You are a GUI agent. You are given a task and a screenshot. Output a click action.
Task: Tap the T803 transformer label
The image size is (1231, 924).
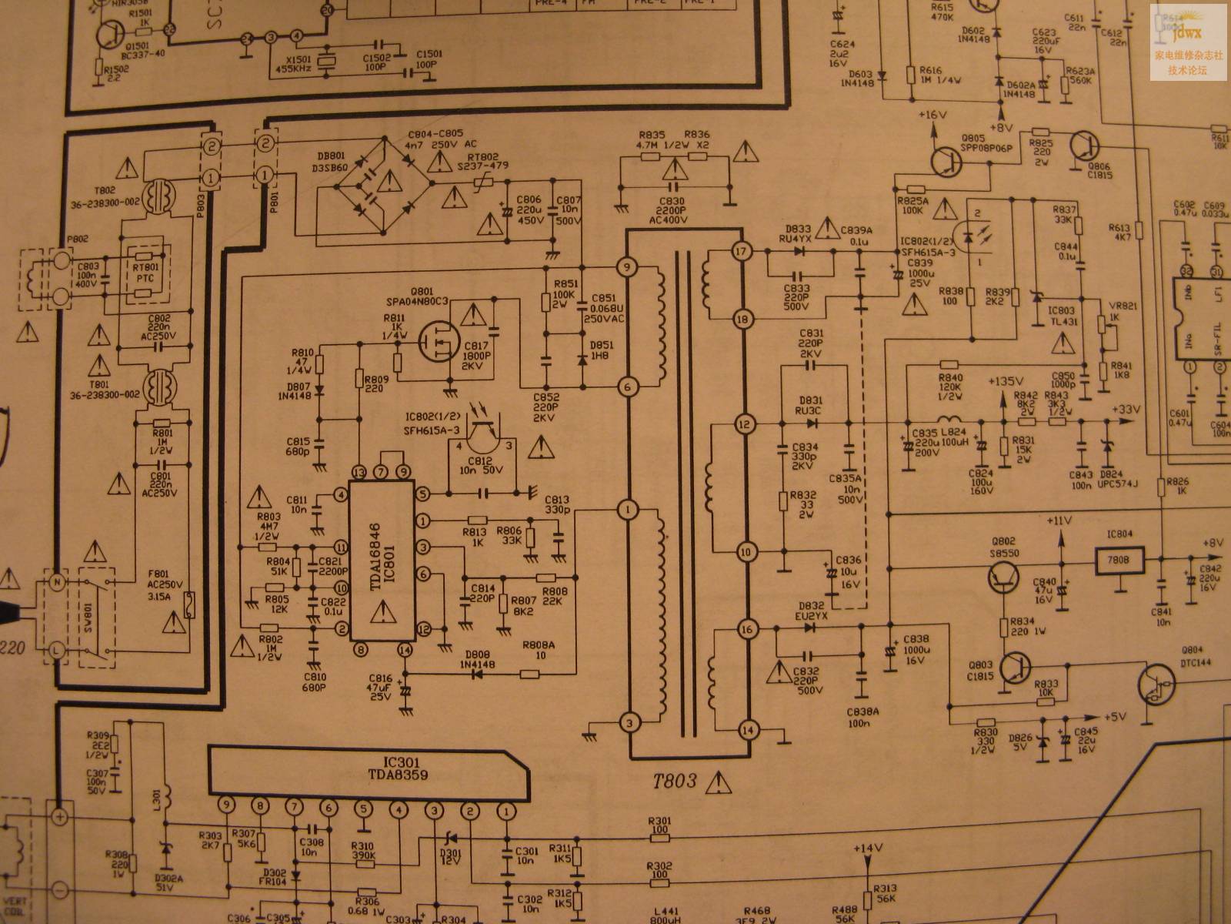(675, 782)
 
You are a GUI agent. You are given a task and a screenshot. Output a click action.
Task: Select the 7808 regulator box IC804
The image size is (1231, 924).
(1119, 560)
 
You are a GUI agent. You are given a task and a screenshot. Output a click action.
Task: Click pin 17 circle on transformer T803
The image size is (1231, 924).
(742, 252)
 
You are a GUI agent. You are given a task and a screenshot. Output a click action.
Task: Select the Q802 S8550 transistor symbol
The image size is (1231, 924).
(1006, 577)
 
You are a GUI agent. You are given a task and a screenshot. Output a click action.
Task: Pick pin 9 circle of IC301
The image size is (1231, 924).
(225, 805)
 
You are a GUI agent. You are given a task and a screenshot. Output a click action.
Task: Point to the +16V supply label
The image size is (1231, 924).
(932, 115)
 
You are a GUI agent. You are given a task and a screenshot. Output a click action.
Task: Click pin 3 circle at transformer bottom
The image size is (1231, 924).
(629, 722)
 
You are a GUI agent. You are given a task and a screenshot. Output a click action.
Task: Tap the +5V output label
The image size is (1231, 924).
(1115, 717)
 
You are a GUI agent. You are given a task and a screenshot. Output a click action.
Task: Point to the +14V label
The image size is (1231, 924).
(867, 849)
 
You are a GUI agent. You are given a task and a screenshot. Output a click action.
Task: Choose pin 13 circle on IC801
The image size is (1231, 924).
(359, 472)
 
